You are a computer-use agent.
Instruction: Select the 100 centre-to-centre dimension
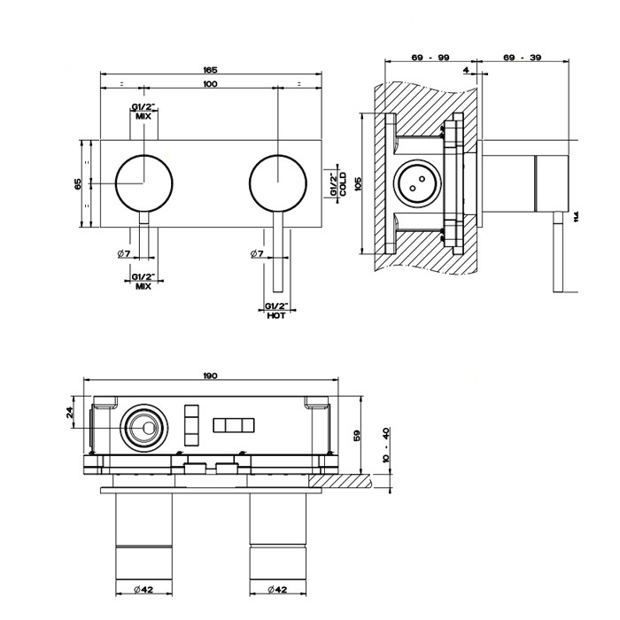click(x=210, y=84)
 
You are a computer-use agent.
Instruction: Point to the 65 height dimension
click(x=79, y=183)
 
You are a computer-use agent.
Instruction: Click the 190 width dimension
click(x=210, y=376)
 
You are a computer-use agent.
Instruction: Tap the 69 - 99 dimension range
click(x=427, y=58)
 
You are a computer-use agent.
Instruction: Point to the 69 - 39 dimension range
click(x=523, y=58)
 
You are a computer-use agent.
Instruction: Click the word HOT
click(x=275, y=315)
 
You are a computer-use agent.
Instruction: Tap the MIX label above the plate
click(x=142, y=116)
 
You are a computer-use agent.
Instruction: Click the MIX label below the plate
click(x=142, y=286)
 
